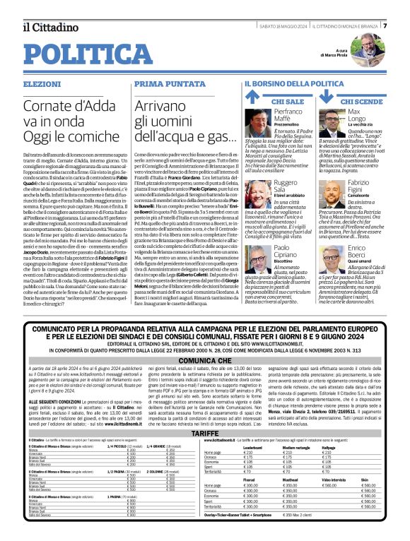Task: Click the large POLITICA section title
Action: pos(83,54)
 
